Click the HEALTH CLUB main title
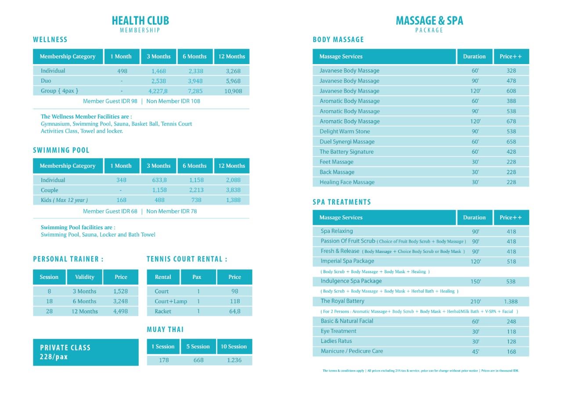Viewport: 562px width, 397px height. coord(140,21)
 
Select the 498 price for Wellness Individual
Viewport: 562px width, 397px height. coord(122,71)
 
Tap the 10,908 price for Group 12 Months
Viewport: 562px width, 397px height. coord(232,91)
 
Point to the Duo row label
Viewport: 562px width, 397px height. coord(46,81)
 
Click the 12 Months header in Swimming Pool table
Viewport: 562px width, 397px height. coord(232,166)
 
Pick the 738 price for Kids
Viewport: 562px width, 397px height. coord(196,200)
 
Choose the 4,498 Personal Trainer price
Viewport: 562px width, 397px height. coord(121,311)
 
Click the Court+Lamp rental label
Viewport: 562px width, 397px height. coord(171,301)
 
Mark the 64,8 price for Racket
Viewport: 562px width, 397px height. coord(234,311)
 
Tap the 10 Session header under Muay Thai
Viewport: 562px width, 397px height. coord(234,346)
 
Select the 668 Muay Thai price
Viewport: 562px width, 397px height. coord(198,360)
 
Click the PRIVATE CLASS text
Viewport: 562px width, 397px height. coord(65,347)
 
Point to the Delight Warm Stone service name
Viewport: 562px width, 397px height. coord(345,131)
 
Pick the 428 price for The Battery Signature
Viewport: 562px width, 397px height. coord(511,152)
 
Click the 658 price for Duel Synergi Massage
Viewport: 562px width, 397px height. coord(511,141)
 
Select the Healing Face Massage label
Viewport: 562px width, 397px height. coord(347,182)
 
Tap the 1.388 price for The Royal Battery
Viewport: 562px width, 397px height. coord(511,301)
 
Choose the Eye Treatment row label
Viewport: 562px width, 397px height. coord(339,331)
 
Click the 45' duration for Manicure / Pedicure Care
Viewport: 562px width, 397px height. coord(476,351)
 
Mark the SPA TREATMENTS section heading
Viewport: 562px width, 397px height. coord(342,202)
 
